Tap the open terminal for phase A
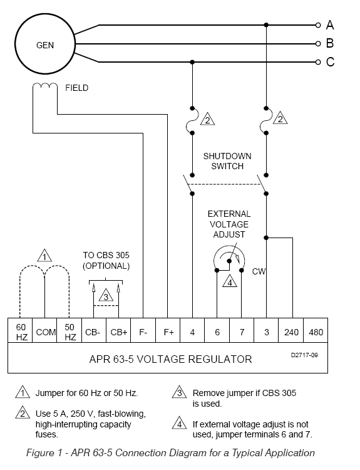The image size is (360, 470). click(318, 25)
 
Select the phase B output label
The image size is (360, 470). click(330, 43)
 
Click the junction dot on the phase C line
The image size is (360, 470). click(192, 62)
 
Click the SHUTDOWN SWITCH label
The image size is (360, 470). click(227, 161)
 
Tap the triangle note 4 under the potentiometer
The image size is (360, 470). click(230, 281)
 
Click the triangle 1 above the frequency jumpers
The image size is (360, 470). click(44, 256)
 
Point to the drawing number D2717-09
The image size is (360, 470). click(304, 355)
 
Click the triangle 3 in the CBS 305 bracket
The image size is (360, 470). click(106, 295)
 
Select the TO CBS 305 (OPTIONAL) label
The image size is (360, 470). click(106, 261)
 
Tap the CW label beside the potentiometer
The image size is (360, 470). click(259, 271)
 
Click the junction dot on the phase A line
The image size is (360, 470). click(266, 25)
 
